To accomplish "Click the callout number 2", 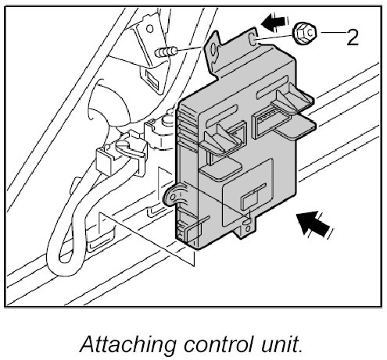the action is click(353, 37).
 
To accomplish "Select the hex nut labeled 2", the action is click(305, 33).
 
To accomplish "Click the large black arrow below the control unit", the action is click(314, 223).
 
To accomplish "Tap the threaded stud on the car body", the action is click(166, 52).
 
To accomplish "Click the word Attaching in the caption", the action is click(127, 344).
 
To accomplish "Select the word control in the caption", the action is click(218, 344).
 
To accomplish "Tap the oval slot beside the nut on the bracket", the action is click(253, 38).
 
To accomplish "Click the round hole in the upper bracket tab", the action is click(213, 49).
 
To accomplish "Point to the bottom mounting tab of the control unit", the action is click(247, 227).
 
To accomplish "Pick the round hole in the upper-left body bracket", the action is click(149, 28).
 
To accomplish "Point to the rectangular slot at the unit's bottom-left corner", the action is click(194, 232).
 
